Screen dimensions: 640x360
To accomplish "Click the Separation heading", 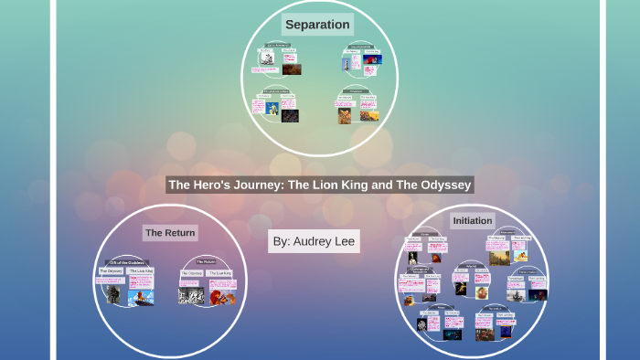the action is click(317, 25).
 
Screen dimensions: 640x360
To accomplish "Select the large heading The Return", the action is click(170, 233).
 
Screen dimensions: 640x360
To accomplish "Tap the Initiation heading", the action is click(472, 221).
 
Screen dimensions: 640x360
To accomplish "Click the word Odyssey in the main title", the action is click(445, 185).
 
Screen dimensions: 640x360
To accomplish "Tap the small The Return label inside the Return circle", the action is click(205, 262).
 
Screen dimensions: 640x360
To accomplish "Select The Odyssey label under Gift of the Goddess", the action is click(112, 271).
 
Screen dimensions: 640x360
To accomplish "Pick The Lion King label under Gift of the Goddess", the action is click(141, 271).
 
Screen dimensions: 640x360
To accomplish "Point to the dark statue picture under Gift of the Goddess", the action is click(113, 294).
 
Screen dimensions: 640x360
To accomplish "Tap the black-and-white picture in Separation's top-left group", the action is click(267, 58).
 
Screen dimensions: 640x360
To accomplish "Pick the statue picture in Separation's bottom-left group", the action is click(272, 109).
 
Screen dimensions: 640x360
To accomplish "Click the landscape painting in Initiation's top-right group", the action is click(499, 258).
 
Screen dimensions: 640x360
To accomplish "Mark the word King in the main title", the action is click(378, 185).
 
